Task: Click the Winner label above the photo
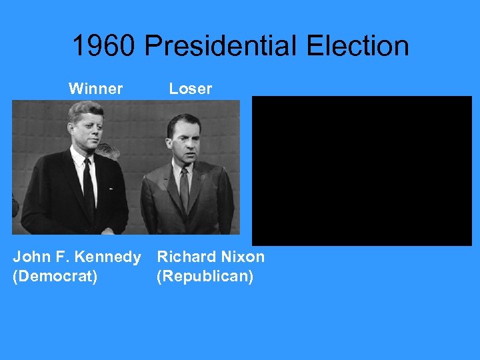click(x=95, y=89)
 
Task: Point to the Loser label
click(x=190, y=89)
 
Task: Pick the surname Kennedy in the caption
click(x=108, y=257)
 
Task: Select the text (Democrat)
click(x=55, y=276)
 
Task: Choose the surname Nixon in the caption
click(x=242, y=257)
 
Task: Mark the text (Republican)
click(x=205, y=276)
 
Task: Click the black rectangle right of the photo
click(x=362, y=171)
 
